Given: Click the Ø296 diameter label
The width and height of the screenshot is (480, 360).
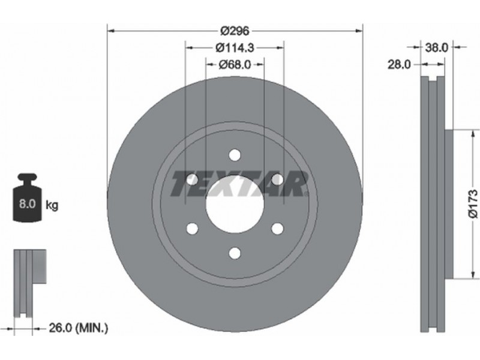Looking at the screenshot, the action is click(235, 31).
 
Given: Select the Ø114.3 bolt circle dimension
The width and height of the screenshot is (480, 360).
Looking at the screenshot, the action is click(235, 47).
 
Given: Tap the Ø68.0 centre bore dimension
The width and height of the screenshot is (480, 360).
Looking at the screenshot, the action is click(235, 64).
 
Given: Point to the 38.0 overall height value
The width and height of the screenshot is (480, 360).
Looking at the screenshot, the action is click(437, 47).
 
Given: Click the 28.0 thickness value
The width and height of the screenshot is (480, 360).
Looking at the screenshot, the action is click(399, 65).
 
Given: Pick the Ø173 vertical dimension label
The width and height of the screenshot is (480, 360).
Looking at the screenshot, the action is click(473, 203).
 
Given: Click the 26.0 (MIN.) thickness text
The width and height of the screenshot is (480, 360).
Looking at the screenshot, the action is click(79, 328).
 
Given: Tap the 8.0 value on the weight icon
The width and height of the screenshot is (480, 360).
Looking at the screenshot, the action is click(28, 203).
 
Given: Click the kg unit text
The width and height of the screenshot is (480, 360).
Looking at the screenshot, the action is click(52, 205).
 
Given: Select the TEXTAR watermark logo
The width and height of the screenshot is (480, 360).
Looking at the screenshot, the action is click(239, 183).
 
